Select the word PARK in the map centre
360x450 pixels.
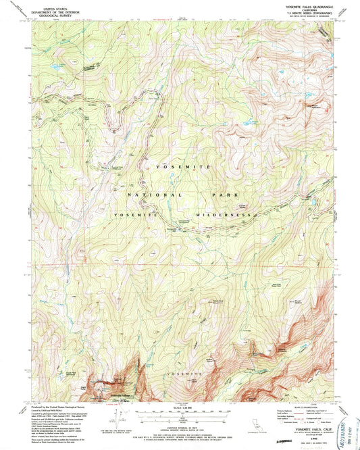[224, 194]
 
